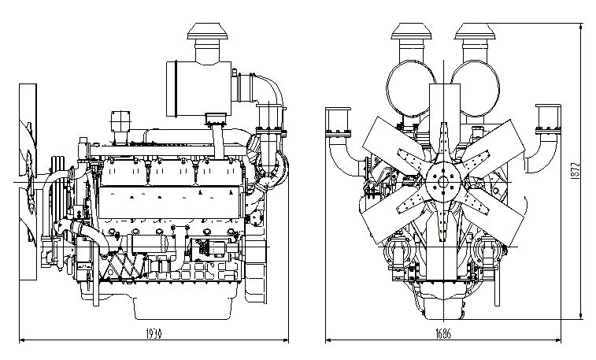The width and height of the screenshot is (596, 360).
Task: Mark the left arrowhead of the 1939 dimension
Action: (x=21, y=340)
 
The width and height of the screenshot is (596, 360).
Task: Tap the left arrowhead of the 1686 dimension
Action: (x=328, y=340)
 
